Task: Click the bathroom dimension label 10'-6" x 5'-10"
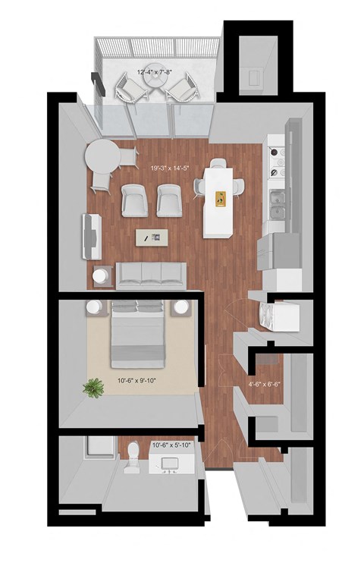171,445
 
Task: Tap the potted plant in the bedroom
94,388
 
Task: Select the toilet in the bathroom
133,454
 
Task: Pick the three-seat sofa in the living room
152,275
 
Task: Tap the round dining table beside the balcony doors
102,159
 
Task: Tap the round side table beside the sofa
101,276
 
